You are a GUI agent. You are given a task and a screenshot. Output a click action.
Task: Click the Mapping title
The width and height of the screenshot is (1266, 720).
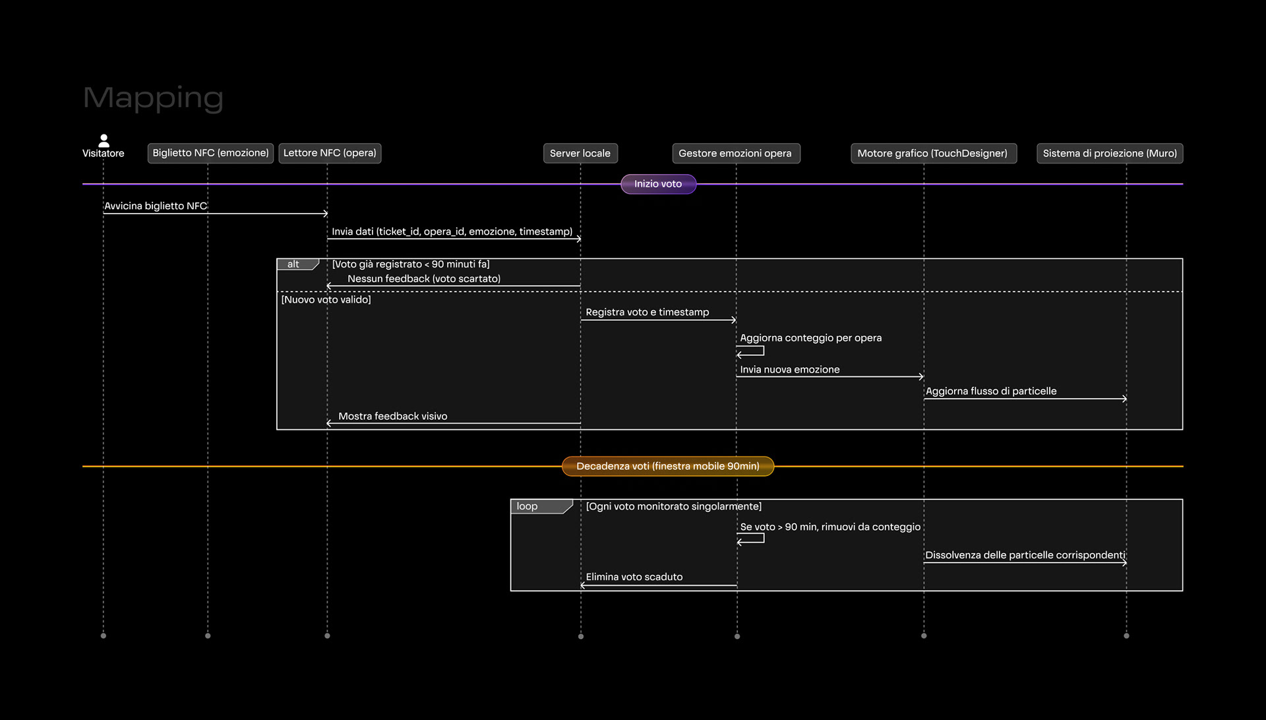[153, 98]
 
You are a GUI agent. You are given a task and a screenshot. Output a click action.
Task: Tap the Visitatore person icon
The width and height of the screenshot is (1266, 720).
[104, 140]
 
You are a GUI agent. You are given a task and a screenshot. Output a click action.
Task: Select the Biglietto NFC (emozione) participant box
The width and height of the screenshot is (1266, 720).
[210, 153]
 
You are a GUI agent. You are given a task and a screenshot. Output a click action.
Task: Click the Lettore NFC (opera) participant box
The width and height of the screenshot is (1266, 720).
[330, 153]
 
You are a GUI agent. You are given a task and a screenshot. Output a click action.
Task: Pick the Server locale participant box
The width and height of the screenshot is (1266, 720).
[580, 153]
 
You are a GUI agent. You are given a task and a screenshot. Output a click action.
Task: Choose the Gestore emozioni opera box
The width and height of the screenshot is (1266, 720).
[736, 153]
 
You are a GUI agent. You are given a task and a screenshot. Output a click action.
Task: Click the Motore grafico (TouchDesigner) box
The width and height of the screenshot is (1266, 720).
[933, 153]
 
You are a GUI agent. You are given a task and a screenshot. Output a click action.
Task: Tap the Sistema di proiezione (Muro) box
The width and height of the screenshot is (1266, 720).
[1110, 153]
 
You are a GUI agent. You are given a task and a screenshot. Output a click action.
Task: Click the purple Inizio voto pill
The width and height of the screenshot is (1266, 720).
[658, 184]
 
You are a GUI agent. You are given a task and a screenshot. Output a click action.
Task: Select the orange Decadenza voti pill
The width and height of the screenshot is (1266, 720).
[668, 466]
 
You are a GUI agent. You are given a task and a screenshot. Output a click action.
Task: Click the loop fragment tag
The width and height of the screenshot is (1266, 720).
[541, 506]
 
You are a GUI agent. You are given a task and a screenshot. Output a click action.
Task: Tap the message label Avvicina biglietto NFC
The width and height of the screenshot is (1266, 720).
[156, 206]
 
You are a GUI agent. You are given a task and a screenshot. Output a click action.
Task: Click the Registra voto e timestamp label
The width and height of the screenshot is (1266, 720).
[648, 312]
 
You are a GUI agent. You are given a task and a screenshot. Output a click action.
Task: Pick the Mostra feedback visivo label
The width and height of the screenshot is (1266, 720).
[393, 416]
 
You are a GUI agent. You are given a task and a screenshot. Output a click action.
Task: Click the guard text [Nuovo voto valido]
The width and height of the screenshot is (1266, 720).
[326, 299]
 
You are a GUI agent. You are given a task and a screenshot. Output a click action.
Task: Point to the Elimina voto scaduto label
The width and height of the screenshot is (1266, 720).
[634, 577]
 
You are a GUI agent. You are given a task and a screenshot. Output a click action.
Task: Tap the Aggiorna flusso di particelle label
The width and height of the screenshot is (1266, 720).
[991, 391]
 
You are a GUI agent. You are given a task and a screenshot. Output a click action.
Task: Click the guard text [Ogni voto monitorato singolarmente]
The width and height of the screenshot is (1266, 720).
[674, 506]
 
